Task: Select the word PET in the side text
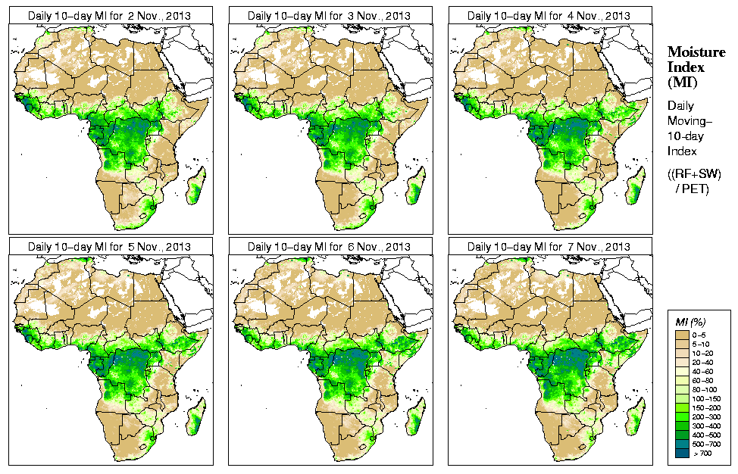tap(698, 189)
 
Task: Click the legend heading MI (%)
tap(690, 323)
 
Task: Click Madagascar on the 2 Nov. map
tap(194, 187)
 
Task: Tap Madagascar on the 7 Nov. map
tap(633, 419)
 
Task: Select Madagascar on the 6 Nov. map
tap(414, 419)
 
